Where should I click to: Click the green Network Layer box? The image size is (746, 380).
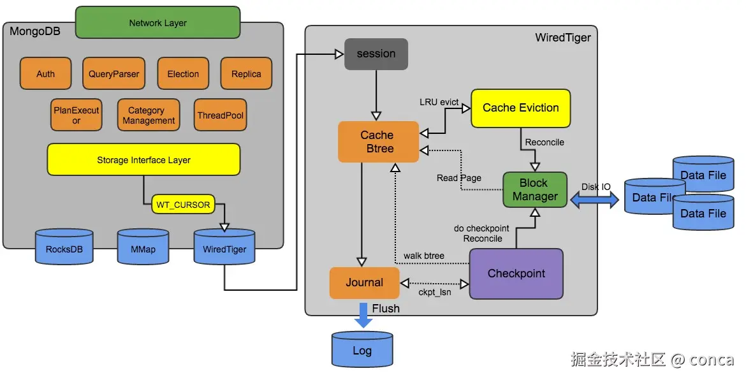click(x=157, y=23)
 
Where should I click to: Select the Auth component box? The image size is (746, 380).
click(x=45, y=74)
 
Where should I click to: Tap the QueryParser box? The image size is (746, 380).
click(x=113, y=74)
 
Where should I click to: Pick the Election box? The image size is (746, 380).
click(x=183, y=74)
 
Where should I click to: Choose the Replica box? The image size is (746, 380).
click(x=246, y=74)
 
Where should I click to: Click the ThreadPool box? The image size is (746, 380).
click(x=221, y=115)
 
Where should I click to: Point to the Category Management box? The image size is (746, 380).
click(x=149, y=115)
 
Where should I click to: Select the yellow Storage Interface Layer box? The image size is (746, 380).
click(x=143, y=159)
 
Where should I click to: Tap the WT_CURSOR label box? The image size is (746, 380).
click(x=183, y=205)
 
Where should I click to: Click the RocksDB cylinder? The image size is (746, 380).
click(x=64, y=248)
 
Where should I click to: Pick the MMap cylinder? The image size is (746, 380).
click(x=143, y=248)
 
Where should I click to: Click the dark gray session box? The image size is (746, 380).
click(x=376, y=54)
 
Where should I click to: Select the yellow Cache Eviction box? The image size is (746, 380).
click(x=520, y=108)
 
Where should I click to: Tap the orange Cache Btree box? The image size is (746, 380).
click(x=377, y=142)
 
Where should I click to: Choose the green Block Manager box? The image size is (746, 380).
click(x=534, y=190)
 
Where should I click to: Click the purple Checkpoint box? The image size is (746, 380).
click(x=516, y=274)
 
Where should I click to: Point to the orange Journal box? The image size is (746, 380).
click(x=364, y=282)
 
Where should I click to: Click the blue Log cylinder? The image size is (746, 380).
click(x=362, y=351)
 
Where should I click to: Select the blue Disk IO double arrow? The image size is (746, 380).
click(x=594, y=200)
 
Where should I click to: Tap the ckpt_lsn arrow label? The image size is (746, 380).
click(x=435, y=293)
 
